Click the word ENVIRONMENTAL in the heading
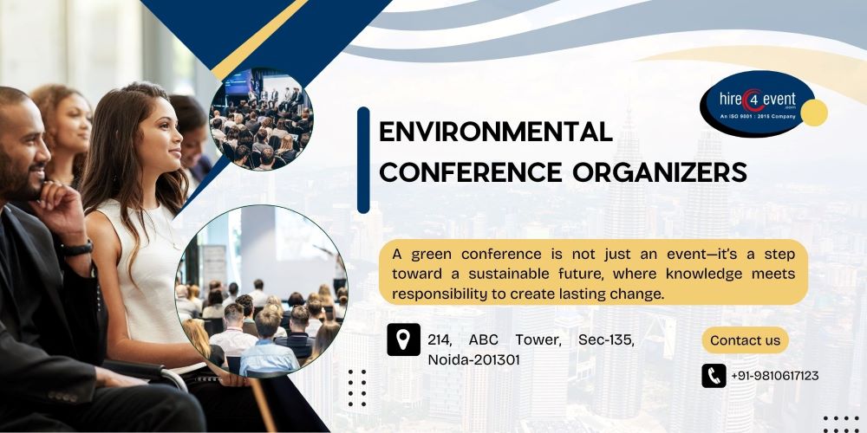click(496, 132)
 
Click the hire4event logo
click(757, 104)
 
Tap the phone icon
click(714, 376)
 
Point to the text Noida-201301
click(473, 359)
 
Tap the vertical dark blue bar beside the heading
click(363, 159)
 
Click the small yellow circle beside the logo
click(814, 113)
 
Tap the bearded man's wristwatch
click(77, 248)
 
